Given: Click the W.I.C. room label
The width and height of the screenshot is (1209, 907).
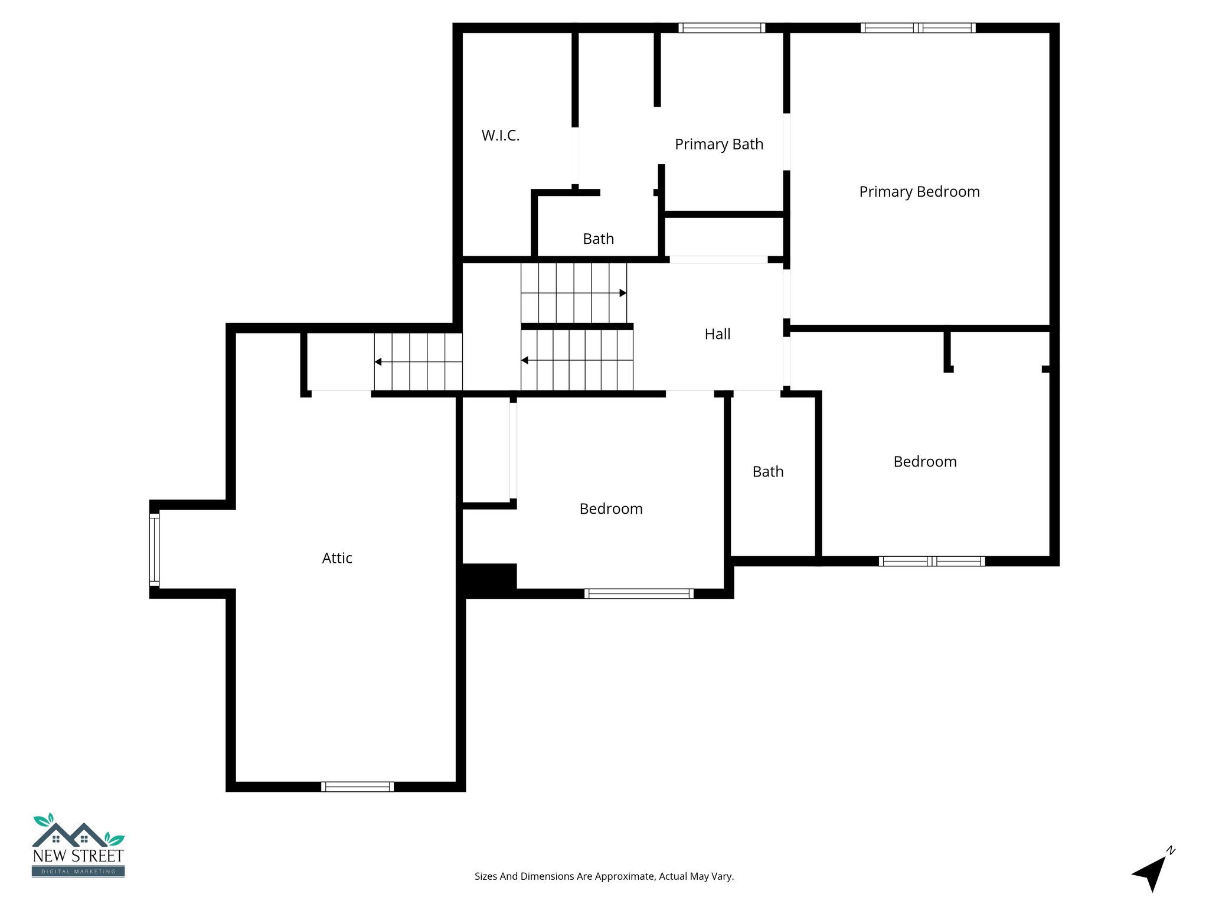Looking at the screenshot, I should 500,136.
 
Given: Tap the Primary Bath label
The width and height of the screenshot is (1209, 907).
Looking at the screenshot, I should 718,145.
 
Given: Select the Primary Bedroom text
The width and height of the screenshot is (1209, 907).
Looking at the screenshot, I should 919,192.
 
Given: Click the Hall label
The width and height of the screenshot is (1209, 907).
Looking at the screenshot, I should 717,334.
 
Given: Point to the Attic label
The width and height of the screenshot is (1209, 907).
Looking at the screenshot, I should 336,558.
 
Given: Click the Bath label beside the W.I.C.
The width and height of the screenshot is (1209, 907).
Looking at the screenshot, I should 598,239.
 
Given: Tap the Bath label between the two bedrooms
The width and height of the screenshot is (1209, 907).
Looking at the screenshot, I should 767,472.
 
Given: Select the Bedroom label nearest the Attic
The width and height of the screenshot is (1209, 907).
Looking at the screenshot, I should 610,509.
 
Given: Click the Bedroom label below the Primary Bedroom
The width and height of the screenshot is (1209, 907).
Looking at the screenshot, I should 924,462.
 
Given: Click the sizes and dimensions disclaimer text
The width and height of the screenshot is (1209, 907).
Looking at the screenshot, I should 604,876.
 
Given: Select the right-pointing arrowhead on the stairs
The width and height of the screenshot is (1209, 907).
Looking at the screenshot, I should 623,293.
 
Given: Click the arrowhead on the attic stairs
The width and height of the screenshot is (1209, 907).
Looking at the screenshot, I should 378,361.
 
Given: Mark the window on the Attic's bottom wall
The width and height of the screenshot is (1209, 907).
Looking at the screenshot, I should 357,787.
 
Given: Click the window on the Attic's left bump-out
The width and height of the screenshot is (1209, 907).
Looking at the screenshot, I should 154,549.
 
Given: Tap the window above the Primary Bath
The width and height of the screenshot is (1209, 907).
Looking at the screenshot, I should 721,28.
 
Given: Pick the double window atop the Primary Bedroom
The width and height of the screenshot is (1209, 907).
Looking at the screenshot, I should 917,28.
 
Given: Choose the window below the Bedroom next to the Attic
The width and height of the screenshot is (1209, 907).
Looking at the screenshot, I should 639,593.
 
